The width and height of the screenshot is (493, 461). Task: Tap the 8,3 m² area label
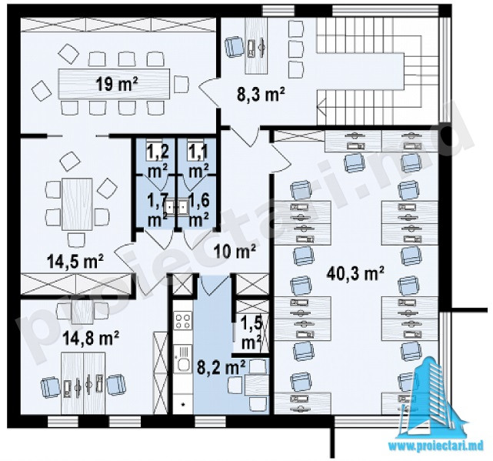tap(261, 95)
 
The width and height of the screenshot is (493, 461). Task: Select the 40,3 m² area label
tap(355, 273)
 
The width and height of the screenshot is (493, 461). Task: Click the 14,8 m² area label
tap(91, 339)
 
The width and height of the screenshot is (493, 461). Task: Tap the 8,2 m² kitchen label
tap(221, 367)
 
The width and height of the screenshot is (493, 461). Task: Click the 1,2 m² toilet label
tap(158, 161)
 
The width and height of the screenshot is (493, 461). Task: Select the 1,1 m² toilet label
tap(198, 161)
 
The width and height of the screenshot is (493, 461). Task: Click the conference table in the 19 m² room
tap(114, 84)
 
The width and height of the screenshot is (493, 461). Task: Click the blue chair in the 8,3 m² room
tap(234, 46)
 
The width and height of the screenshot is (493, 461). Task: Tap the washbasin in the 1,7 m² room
tap(170, 207)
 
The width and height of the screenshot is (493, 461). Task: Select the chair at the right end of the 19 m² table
tap(181, 84)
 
